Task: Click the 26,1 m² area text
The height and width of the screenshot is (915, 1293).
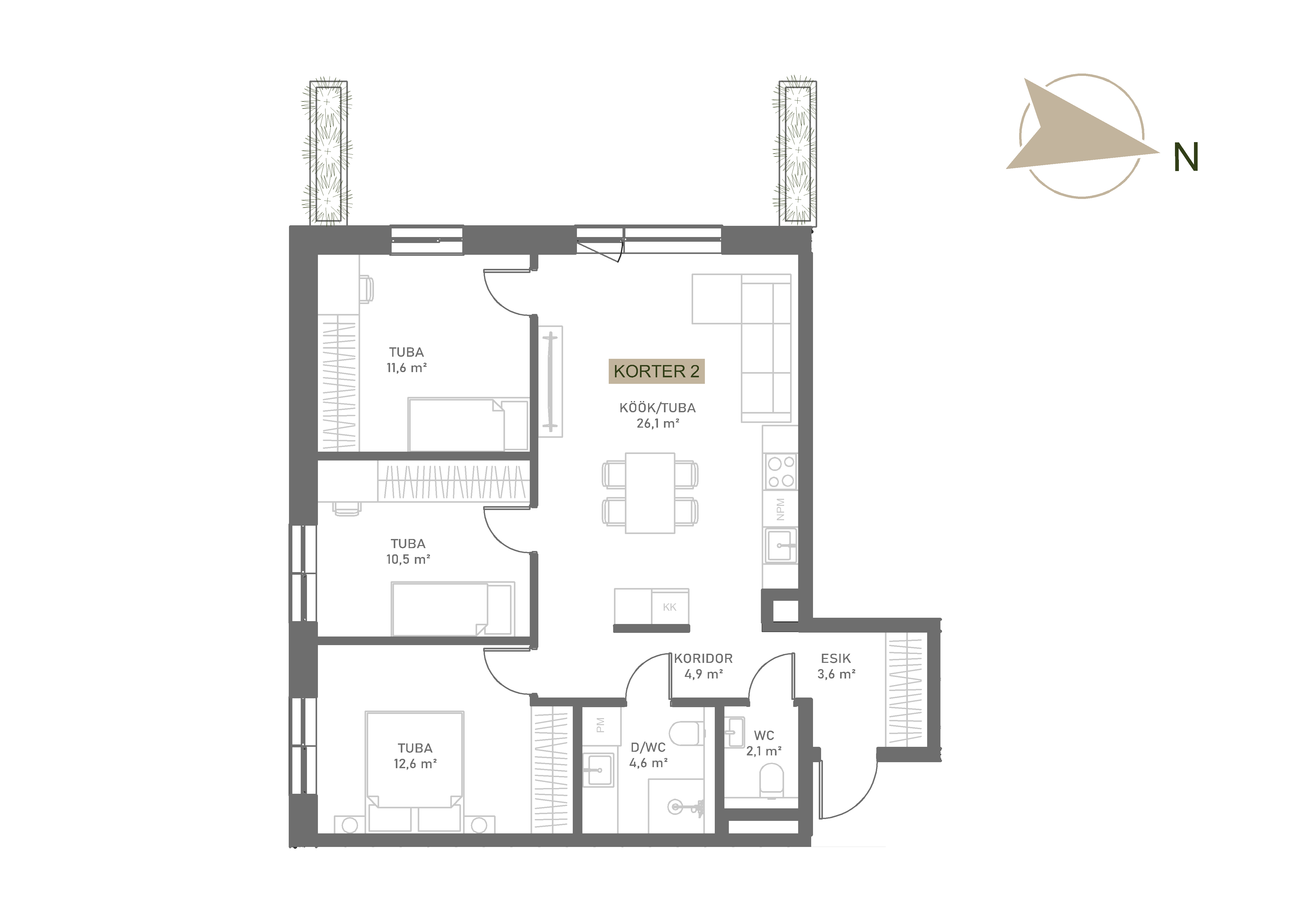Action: click(x=658, y=423)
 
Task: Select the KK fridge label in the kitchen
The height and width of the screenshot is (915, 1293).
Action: click(x=670, y=607)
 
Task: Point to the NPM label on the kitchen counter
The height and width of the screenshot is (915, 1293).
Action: click(x=780, y=509)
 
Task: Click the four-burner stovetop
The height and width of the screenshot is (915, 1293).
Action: click(x=780, y=472)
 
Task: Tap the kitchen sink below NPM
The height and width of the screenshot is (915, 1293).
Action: click(x=780, y=546)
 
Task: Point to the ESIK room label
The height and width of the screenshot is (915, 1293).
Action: click(x=836, y=658)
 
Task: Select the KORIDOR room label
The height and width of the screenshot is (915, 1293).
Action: click(x=703, y=658)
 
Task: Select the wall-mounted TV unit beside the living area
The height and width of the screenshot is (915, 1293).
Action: click(x=550, y=381)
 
